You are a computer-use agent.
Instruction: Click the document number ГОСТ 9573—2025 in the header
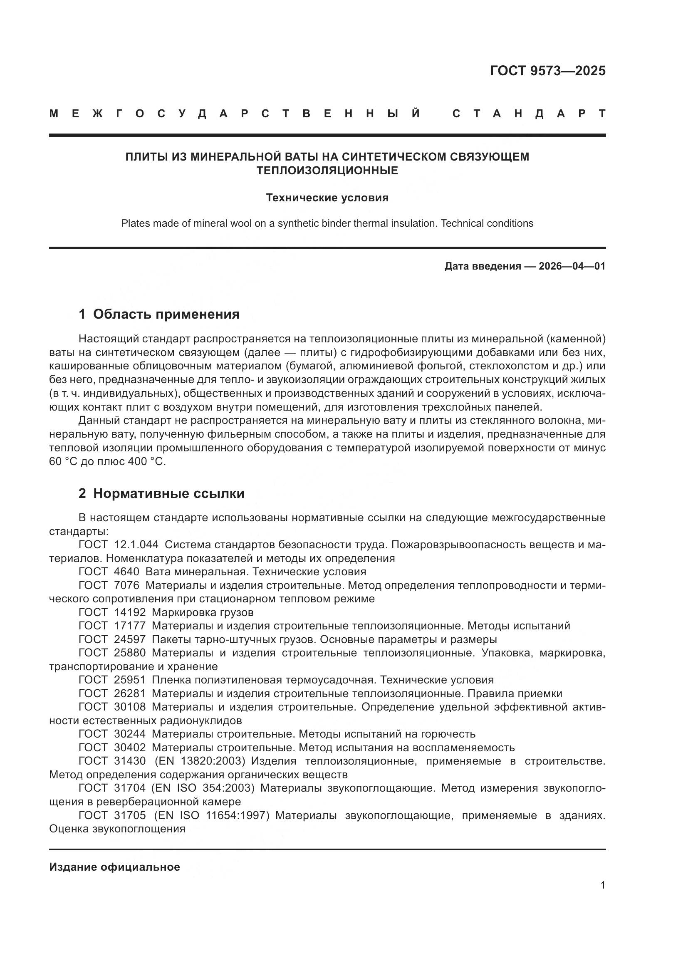click(547, 71)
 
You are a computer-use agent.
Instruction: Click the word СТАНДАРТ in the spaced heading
click(529, 114)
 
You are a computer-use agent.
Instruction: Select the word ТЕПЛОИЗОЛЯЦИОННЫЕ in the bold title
click(327, 171)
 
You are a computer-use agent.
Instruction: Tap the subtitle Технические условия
click(327, 198)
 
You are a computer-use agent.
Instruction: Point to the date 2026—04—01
click(572, 266)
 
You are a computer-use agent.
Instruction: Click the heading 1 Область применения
click(159, 314)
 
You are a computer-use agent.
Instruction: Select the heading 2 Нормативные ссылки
click(161, 494)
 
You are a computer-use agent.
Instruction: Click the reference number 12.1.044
click(136, 545)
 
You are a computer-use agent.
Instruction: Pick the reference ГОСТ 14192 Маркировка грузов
click(166, 612)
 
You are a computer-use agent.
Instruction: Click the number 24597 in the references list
click(130, 639)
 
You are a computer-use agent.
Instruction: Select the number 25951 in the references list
click(130, 680)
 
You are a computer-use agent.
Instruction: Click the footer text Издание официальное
click(114, 867)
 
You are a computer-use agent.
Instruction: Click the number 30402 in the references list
click(130, 748)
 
